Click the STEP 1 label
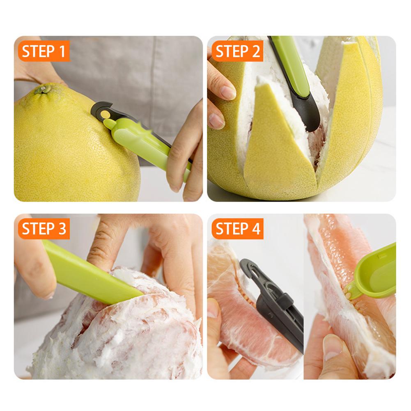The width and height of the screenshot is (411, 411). pyautogui.click(x=44, y=51)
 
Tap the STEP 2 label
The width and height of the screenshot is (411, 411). pyautogui.click(x=237, y=51)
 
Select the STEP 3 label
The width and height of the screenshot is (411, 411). pyautogui.click(x=44, y=229)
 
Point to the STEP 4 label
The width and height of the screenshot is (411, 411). pyautogui.click(x=237, y=229)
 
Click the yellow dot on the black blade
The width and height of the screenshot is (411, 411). pyautogui.click(x=105, y=114)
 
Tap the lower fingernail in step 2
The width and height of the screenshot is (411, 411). pyautogui.click(x=217, y=120)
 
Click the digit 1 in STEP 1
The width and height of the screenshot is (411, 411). pyautogui.click(x=62, y=51)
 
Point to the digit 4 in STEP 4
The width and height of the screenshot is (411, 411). pyautogui.click(x=255, y=229)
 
